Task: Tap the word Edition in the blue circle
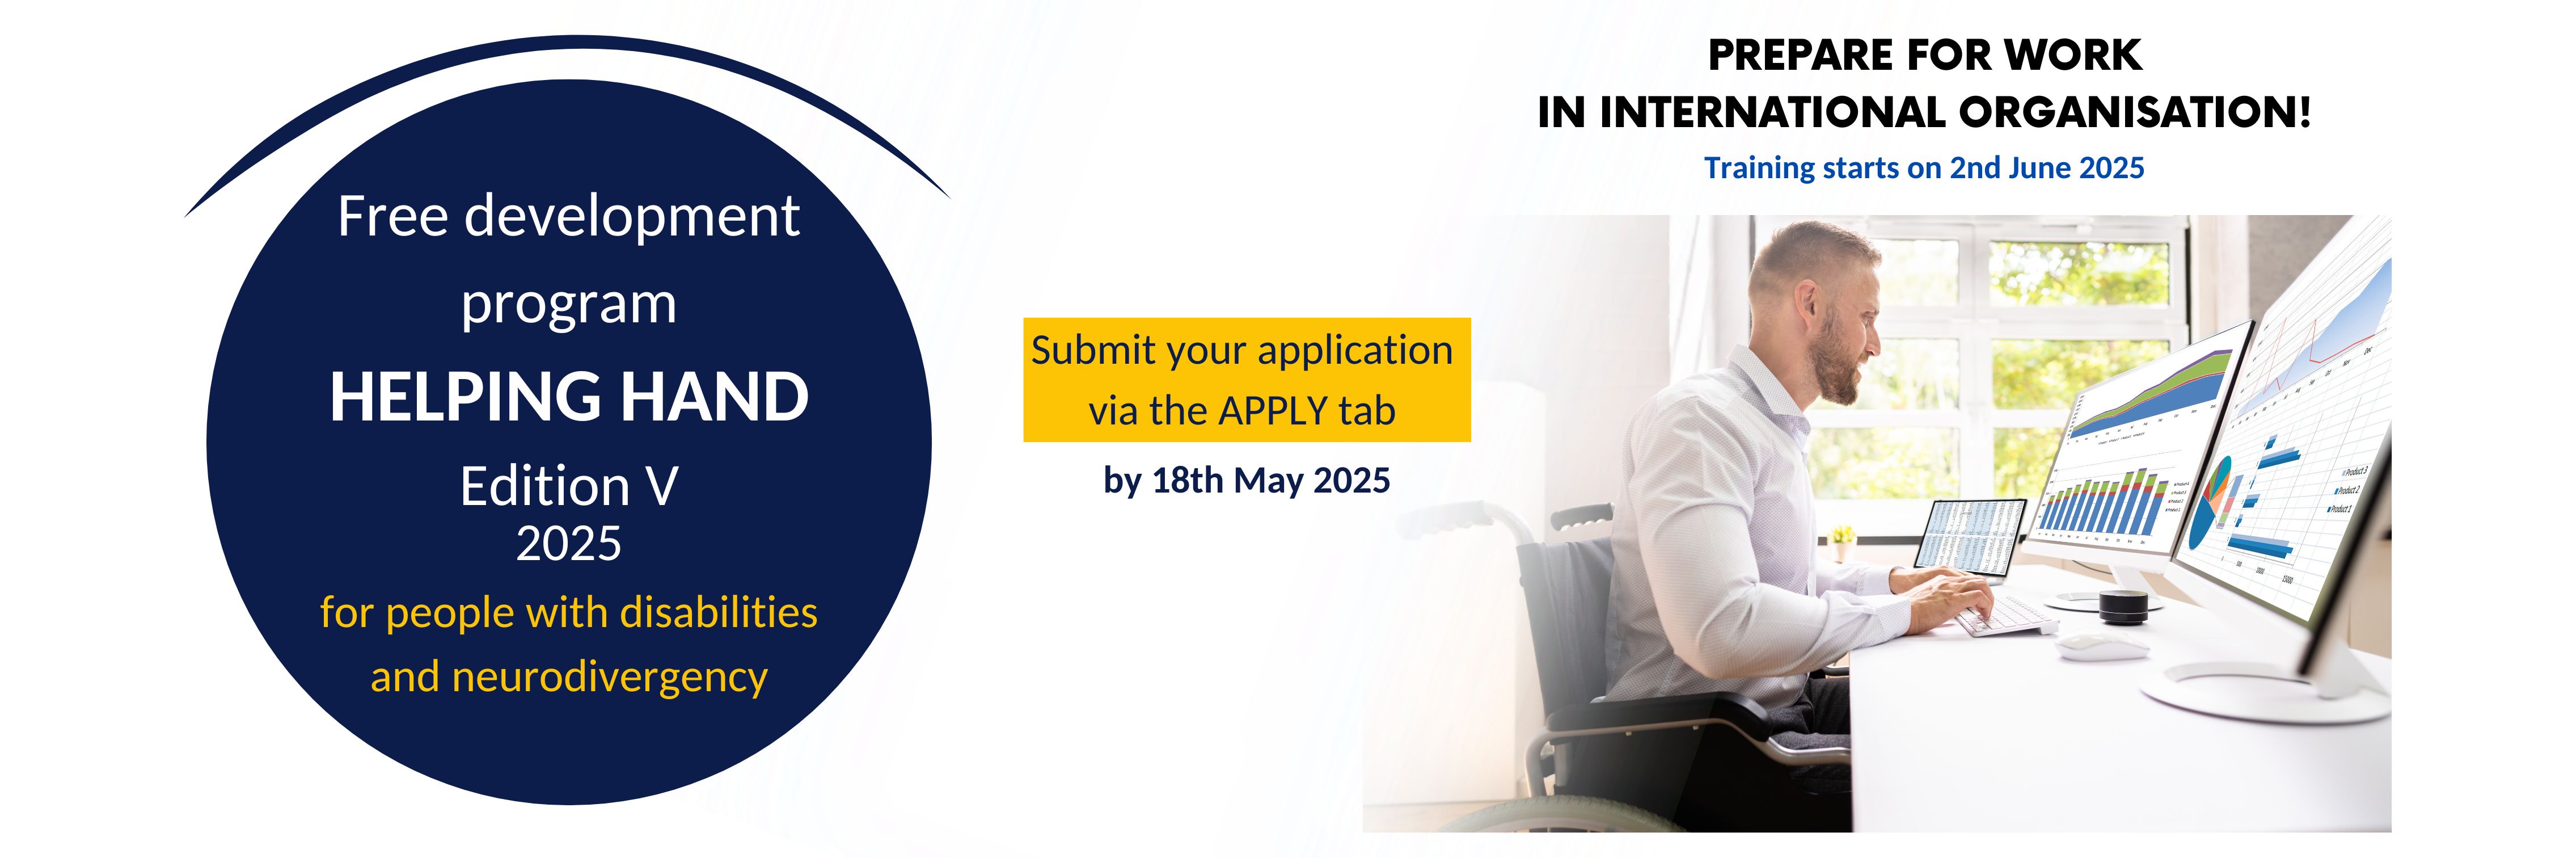[x=544, y=486]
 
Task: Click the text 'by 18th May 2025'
[x=1246, y=481]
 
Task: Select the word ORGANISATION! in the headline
[x=2135, y=112]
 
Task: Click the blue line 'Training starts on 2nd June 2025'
[x=1924, y=168]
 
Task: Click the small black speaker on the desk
[x=2122, y=605]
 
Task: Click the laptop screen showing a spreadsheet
[x=1970, y=536]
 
